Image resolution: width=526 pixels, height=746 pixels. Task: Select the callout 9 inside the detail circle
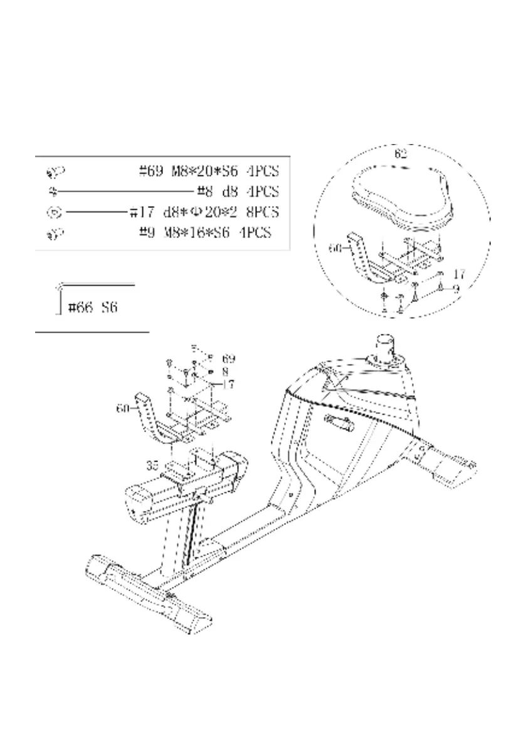tap(457, 289)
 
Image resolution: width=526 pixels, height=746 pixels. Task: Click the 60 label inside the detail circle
tap(336, 248)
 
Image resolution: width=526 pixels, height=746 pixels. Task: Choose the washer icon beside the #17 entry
tap(54, 212)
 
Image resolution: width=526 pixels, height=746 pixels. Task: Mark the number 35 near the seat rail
tap(152, 465)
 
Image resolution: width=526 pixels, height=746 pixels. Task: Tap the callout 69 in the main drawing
tap(228, 359)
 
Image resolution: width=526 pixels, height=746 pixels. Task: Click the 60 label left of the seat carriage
tap(122, 408)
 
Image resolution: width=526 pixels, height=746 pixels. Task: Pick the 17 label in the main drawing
tap(228, 385)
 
